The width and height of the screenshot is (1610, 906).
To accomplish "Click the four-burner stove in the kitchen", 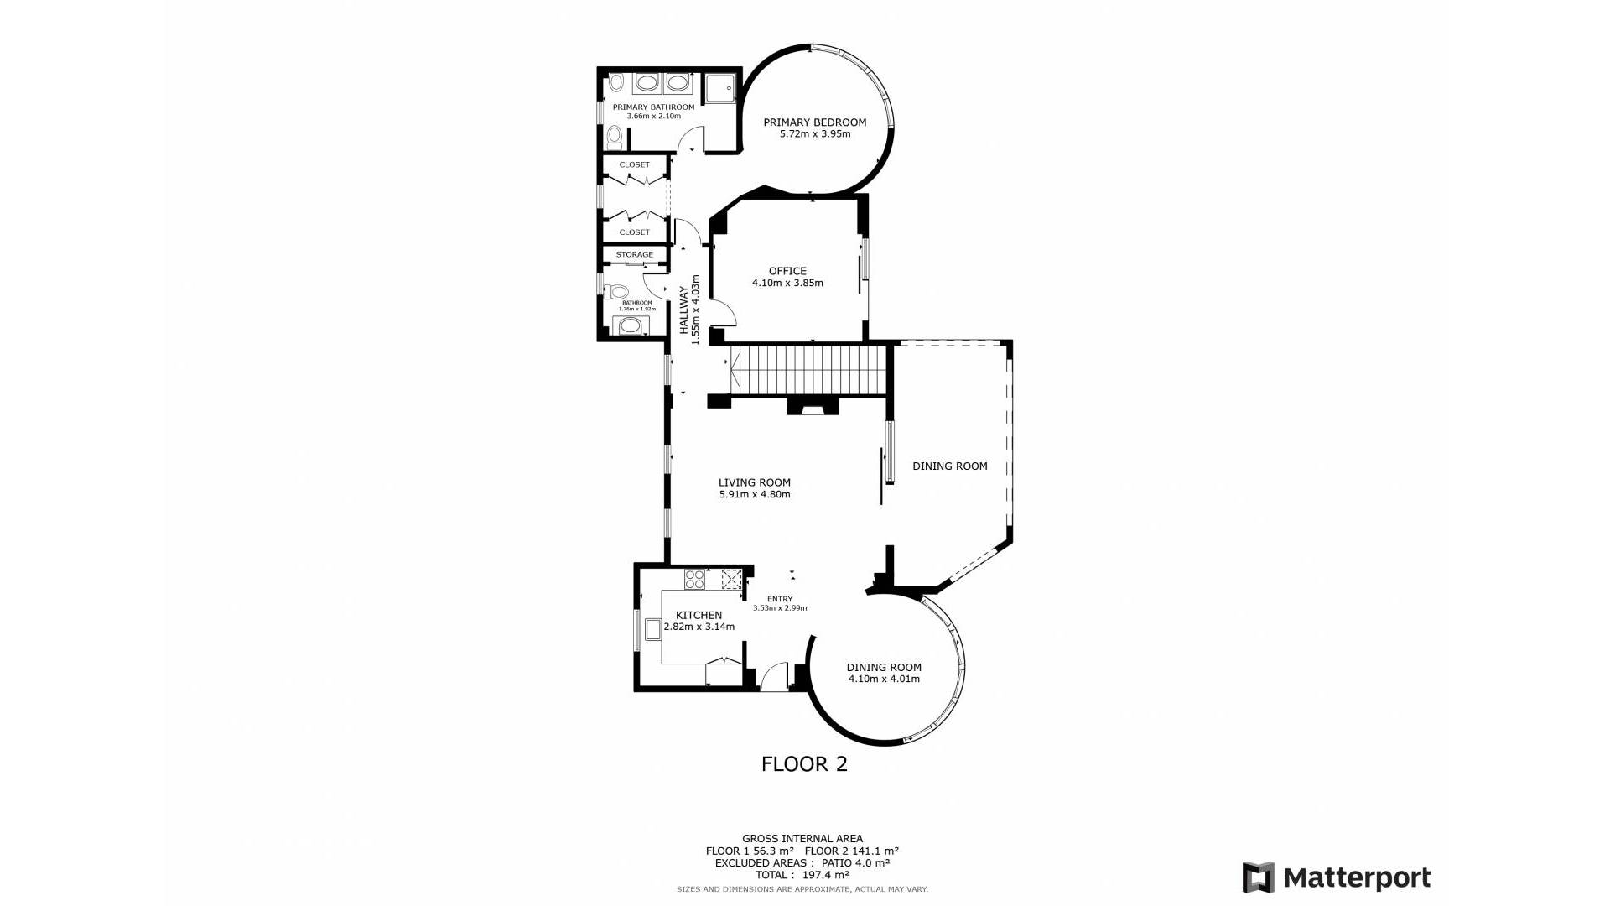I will coord(694,578).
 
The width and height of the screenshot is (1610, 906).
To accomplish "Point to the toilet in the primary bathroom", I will coord(614,136).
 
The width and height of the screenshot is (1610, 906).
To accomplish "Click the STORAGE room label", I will coord(634,254).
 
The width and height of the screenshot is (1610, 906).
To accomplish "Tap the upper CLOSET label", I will coord(634,164).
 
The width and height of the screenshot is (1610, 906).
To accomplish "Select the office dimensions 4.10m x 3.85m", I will coord(787,284).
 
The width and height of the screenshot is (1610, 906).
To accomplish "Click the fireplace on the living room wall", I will coord(812,408).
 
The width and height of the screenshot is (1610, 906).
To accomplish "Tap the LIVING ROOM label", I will coord(754,482).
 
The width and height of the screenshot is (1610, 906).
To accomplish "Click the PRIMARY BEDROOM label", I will coord(814,122).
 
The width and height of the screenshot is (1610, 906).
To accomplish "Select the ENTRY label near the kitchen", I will coord(779,599).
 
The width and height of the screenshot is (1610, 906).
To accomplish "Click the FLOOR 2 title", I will coord(804,764).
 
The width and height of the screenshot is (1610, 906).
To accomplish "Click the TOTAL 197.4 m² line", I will coord(790,874).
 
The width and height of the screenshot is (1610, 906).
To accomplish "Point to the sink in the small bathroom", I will coord(630,325).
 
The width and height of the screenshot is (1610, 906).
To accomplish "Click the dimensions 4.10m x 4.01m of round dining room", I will coord(883,679).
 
